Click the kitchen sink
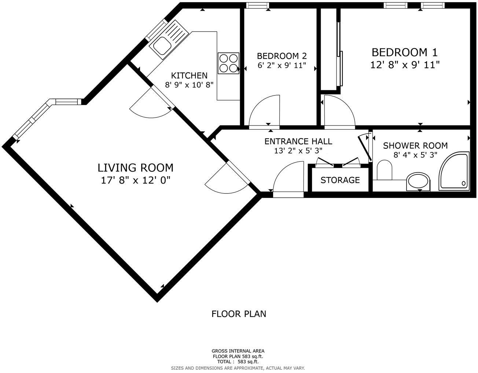[x=162, y=46]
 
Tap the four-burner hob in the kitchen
[x=228, y=63]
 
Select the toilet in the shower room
[x=385, y=170]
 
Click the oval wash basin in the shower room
[x=419, y=181]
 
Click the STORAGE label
[x=340, y=180]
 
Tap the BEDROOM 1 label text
[x=404, y=52]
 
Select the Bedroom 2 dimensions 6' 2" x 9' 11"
[x=282, y=67]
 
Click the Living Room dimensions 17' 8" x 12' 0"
[x=136, y=180]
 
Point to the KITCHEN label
[x=189, y=76]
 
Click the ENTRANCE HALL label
[x=298, y=141]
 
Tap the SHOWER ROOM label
[x=415, y=146]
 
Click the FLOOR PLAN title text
[x=239, y=314]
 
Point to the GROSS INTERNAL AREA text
[x=238, y=351]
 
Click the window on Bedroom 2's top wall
[x=257, y=5]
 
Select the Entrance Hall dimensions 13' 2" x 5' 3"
[x=298, y=151]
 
